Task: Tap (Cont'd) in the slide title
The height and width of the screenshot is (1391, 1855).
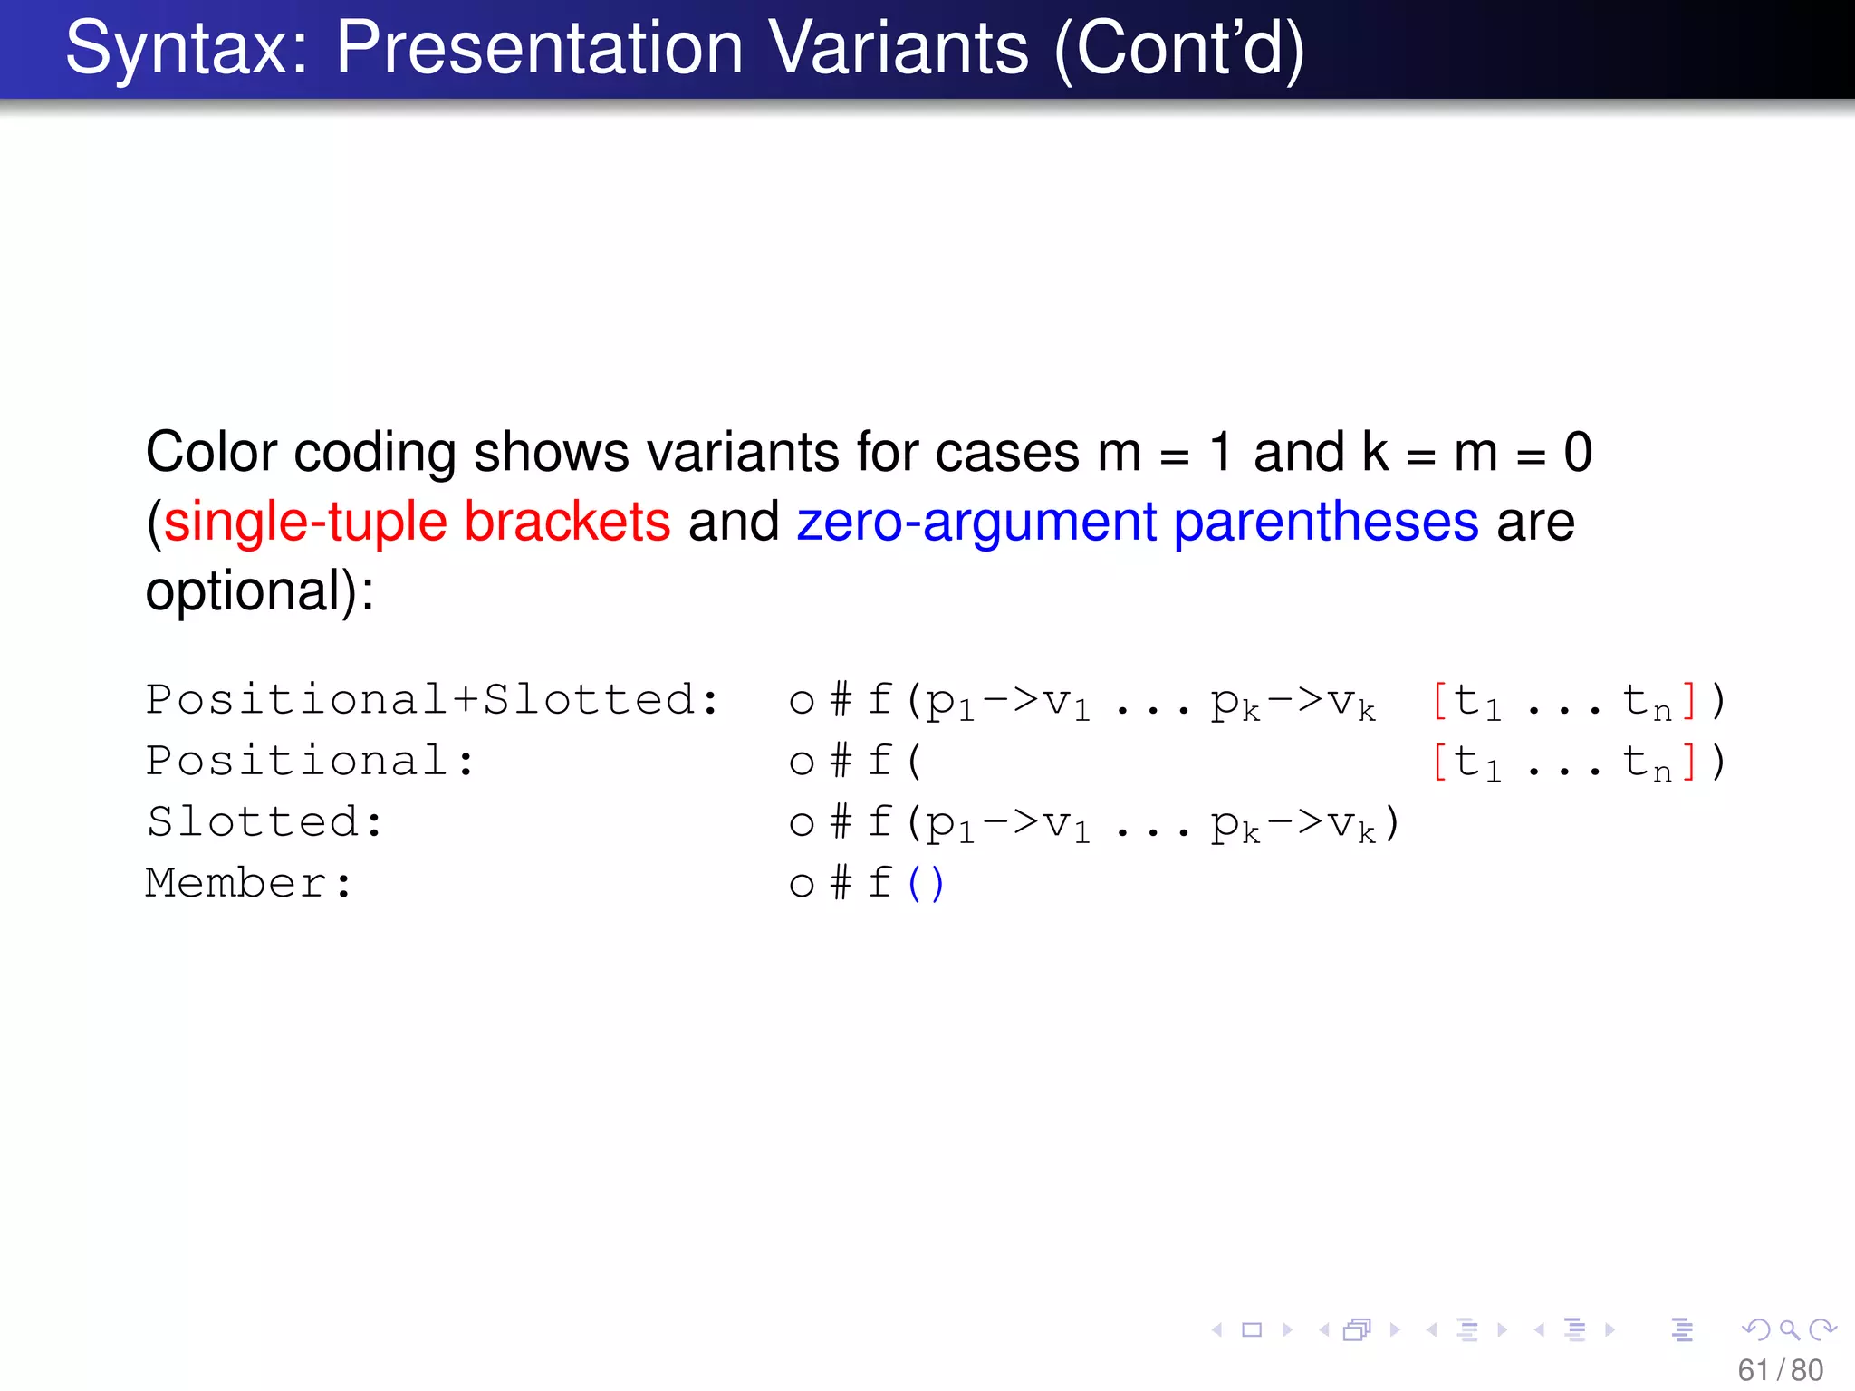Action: [x=1178, y=49]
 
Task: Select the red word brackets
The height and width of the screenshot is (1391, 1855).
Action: [x=567, y=523]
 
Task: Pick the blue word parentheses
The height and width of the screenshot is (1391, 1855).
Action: [x=1325, y=523]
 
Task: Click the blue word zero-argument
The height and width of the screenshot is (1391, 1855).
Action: [x=976, y=523]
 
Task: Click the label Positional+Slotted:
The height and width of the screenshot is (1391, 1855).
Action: [x=432, y=700]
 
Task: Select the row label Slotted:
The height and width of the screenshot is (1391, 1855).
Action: [x=264, y=822]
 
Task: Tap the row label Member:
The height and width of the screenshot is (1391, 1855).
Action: [x=248, y=883]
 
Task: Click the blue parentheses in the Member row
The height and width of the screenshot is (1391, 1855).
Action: [x=926, y=883]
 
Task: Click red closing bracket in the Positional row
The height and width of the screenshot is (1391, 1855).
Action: [x=1687, y=762]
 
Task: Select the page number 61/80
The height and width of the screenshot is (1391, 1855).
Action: [x=1779, y=1370]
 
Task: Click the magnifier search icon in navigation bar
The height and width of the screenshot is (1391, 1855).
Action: [x=1788, y=1329]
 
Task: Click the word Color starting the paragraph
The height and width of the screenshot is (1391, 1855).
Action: [x=211, y=452]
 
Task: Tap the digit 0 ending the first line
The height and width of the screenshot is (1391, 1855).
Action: [x=1577, y=452]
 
